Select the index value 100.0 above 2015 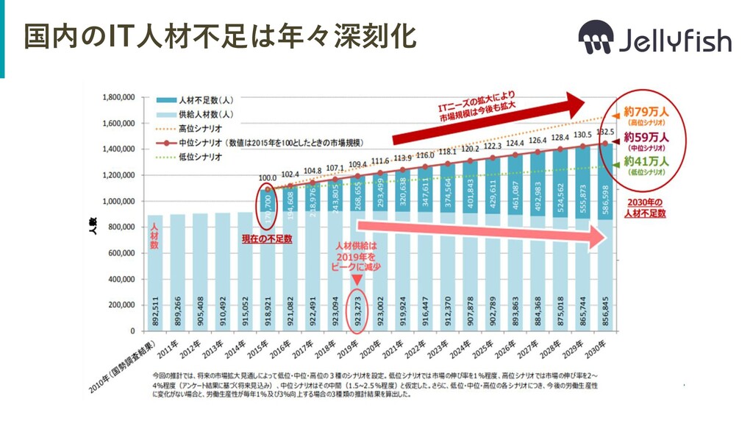pos(268,177)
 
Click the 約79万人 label pos(646,112)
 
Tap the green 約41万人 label pos(646,162)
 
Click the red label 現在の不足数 pos(267,239)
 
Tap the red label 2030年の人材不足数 pos(644,208)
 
